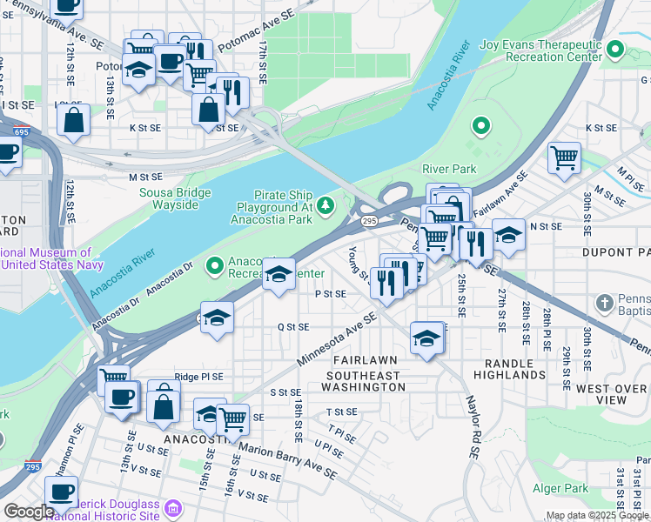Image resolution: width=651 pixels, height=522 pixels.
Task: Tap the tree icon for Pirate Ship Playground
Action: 325,205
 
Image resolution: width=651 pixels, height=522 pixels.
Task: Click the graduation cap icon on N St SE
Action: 508,234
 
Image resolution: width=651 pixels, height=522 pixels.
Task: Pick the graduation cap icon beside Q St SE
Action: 218,317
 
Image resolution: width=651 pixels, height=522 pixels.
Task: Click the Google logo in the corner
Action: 28,512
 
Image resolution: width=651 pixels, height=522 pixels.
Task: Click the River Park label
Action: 449,168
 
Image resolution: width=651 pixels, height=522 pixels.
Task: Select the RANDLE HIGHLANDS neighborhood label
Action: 509,368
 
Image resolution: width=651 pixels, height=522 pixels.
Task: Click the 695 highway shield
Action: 22,131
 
